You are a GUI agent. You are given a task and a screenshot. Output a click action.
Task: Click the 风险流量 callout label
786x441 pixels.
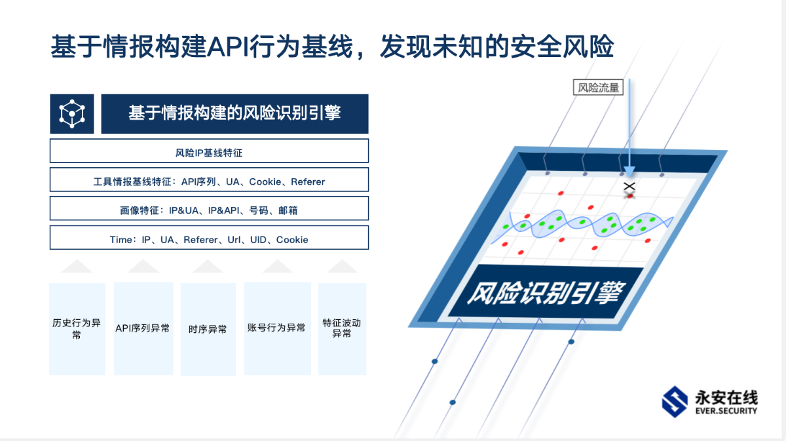[598, 87]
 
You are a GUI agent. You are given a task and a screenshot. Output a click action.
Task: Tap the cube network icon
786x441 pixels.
[72, 114]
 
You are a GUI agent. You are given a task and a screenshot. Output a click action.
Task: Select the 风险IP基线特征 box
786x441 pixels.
[209, 151]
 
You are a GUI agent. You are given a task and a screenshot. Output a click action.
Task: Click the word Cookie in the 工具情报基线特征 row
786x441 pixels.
[265, 182]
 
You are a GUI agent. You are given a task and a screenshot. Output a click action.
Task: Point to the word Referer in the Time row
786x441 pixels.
[200, 240]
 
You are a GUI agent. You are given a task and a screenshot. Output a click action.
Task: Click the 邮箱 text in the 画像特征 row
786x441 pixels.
[288, 210]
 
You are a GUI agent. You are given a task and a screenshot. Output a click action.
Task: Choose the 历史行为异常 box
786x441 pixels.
[77, 329]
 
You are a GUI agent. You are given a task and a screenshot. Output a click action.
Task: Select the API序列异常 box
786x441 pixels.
[143, 329]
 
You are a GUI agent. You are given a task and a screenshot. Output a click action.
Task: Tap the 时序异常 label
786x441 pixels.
[208, 330]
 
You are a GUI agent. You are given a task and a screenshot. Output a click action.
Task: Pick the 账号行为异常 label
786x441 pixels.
[276, 328]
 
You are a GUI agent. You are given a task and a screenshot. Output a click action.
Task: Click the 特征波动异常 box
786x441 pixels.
[342, 329]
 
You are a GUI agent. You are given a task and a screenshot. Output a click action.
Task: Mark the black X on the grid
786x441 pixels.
[629, 186]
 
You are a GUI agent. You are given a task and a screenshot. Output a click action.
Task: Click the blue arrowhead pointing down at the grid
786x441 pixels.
[629, 172]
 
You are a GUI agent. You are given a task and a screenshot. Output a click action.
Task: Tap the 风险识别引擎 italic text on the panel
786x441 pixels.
[546, 292]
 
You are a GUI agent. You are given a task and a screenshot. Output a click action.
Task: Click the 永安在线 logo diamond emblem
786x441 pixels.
[675, 402]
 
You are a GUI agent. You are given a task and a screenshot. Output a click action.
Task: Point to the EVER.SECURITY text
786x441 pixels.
[726, 410]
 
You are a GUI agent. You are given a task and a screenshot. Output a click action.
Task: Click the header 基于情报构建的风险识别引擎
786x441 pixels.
[234, 114]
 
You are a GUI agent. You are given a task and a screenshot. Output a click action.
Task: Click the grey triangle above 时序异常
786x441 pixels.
[208, 266]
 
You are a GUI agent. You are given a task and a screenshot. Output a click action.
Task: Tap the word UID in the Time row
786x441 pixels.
[258, 240]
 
